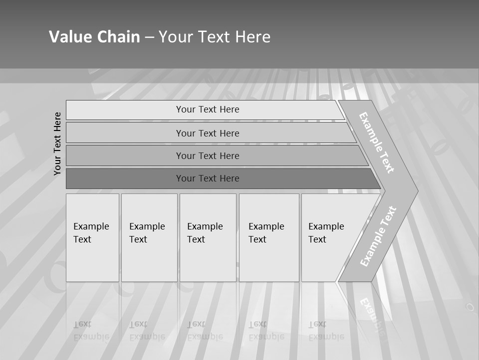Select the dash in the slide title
click(x=149, y=37)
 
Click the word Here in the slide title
click(x=252, y=37)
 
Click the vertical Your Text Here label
click(x=57, y=143)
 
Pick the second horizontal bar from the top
click(x=208, y=133)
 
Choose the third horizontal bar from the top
click(x=208, y=155)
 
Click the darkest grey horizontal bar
click(x=208, y=178)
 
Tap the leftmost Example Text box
click(x=92, y=237)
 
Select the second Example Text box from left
click(x=149, y=237)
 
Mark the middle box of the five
click(x=208, y=237)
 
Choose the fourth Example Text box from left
click(x=269, y=237)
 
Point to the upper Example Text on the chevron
click(x=377, y=142)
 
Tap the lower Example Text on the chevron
click(x=378, y=236)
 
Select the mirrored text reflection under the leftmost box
click(x=91, y=330)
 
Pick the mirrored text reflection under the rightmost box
click(x=326, y=330)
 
